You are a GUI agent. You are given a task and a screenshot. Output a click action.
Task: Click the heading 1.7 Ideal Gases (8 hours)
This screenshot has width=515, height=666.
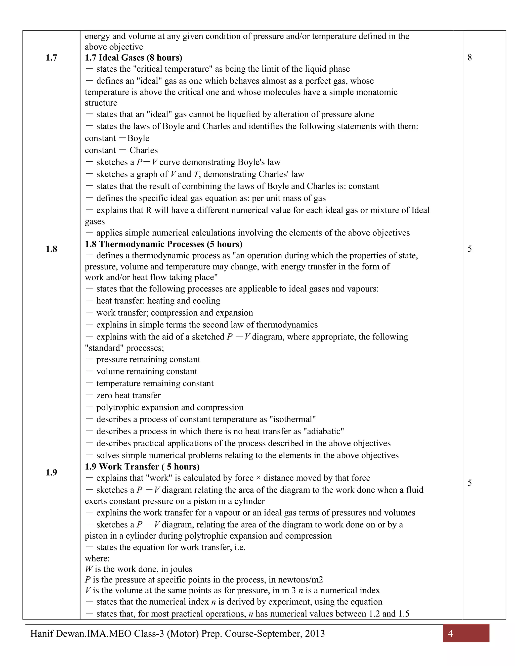[133, 58]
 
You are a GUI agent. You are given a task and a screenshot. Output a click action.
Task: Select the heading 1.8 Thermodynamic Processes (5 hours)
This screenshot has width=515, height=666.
[163, 244]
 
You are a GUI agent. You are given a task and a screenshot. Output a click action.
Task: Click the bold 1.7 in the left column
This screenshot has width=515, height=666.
[51, 58]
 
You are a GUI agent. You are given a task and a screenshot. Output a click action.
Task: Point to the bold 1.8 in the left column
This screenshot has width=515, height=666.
[51, 249]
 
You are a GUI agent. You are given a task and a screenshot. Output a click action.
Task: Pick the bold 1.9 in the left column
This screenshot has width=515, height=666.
[51, 472]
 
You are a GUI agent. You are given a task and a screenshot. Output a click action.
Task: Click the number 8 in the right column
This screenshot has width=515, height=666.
[469, 58]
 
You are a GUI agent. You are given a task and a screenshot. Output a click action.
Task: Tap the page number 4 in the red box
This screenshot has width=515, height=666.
[450, 634]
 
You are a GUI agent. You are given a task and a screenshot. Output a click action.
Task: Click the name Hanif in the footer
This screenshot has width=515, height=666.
[42, 634]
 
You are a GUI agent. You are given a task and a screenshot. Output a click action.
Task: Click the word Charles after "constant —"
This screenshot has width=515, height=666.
[143, 150]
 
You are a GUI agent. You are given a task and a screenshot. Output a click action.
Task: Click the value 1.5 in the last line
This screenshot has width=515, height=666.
[404, 613]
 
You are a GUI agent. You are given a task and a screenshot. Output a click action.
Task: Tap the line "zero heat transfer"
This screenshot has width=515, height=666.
[128, 396]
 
